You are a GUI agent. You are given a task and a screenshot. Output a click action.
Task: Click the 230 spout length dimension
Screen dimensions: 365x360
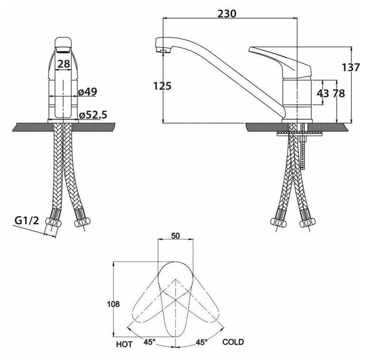click(x=227, y=14)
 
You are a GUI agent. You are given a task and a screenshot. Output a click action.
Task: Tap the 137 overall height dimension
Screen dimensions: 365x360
click(x=351, y=67)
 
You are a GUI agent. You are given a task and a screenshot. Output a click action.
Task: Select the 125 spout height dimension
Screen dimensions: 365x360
click(x=162, y=86)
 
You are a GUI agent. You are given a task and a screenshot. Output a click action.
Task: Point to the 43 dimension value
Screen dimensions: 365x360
click(x=323, y=93)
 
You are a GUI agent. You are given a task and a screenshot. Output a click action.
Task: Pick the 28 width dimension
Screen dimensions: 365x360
click(x=64, y=64)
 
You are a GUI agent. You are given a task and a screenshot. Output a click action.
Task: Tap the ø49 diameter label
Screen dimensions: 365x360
click(x=87, y=92)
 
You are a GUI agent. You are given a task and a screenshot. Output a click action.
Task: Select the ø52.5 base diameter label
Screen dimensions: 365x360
click(x=93, y=115)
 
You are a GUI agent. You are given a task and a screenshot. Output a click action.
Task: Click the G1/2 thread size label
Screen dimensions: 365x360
click(x=27, y=220)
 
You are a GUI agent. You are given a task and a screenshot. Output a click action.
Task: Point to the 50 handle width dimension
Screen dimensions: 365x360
click(x=175, y=235)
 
